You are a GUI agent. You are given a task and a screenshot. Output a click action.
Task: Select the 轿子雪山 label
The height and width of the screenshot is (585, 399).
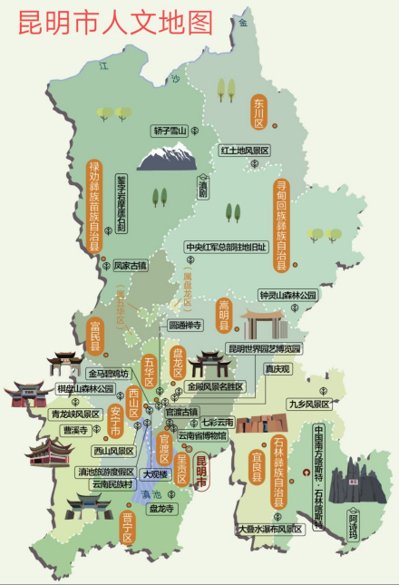pyautogui.click(x=170, y=132)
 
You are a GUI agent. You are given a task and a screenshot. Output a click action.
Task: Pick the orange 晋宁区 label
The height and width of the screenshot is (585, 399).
pyautogui.click(x=127, y=528)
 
